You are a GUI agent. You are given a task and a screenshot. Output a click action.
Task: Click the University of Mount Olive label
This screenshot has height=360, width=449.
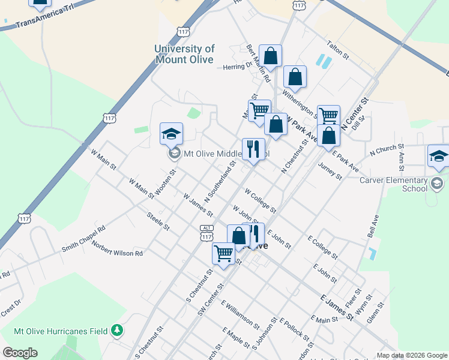click(184, 54)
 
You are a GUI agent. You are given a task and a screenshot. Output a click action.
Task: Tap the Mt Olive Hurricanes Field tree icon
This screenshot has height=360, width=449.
click(118, 331)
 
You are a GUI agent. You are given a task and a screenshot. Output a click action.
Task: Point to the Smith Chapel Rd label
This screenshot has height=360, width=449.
click(83, 238)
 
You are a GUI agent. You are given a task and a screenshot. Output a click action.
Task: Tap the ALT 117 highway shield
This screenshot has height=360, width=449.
click(207, 233)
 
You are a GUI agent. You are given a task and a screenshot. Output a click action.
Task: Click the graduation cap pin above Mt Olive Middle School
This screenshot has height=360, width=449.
click(171, 133)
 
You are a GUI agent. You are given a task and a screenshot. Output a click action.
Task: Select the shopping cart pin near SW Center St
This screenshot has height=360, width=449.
click(223, 253)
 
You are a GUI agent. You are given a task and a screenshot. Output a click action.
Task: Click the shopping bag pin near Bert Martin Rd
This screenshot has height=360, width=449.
click(271, 56)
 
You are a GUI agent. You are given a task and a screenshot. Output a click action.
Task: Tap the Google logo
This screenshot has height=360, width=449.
click(20, 353)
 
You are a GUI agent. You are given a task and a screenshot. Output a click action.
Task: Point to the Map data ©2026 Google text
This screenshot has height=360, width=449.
click(411, 355)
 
